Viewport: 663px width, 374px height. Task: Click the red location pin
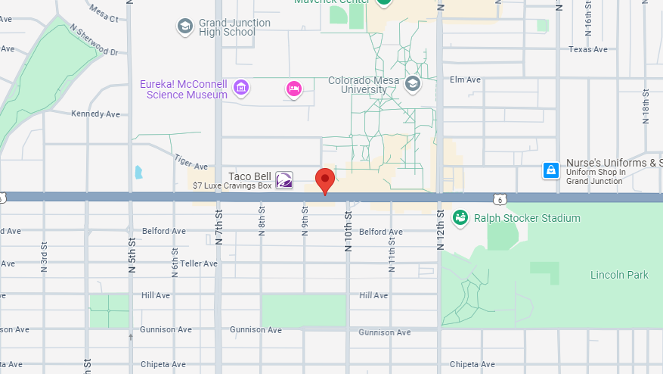coord(325,180)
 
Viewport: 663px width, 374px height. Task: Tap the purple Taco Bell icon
coord(284,180)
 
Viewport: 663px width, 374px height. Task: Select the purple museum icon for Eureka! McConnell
coord(241,88)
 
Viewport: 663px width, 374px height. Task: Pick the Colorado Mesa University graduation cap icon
coord(412,83)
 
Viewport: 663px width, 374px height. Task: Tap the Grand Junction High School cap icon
coord(184,27)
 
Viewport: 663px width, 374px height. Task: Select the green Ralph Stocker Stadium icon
coord(460,218)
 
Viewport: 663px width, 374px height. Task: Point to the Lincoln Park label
coord(619,275)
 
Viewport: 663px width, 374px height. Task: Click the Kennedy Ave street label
coord(95,114)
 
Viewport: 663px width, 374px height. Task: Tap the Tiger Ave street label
coord(191,161)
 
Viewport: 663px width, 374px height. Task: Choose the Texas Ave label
coord(588,50)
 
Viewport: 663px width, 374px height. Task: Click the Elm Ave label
coord(465,79)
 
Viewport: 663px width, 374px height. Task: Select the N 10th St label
coord(349,225)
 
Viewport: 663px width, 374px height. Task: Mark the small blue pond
coord(138,172)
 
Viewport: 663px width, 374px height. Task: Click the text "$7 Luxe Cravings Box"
coord(232,185)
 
